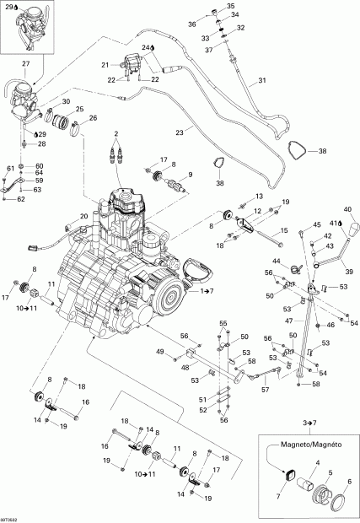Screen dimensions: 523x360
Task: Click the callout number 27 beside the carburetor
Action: click(x=24, y=63)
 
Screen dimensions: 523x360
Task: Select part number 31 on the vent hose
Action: click(x=261, y=81)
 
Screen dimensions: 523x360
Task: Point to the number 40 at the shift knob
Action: click(x=347, y=209)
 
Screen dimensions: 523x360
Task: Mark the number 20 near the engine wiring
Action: click(x=84, y=217)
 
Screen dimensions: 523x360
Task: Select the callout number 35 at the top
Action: click(x=233, y=6)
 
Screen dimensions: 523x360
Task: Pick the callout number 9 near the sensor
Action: click(x=191, y=175)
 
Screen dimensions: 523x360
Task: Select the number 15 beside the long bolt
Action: click(x=284, y=229)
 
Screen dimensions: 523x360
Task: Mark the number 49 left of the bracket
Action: click(x=160, y=351)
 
